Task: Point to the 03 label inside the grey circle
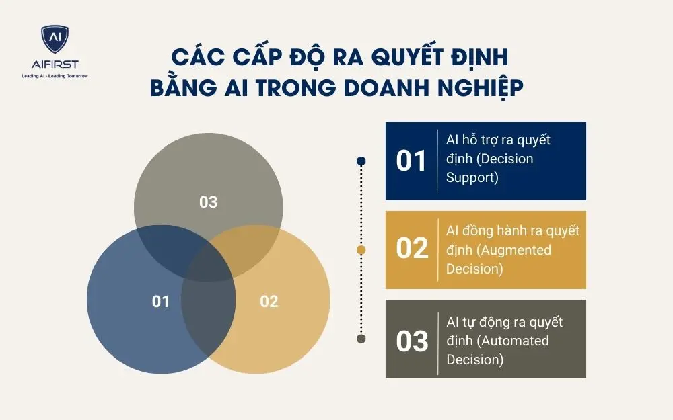pos(209,202)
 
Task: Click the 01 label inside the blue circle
pos(161,302)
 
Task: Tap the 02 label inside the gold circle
pos(269,302)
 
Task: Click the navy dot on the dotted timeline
pos(361,161)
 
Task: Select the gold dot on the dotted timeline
pos(361,250)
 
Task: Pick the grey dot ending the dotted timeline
pos(361,339)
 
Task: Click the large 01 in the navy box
pos(412,161)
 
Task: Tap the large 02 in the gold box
pos(412,249)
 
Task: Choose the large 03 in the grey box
pos(412,341)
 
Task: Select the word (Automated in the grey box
pos(507,341)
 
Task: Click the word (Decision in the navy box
pos(503,159)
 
